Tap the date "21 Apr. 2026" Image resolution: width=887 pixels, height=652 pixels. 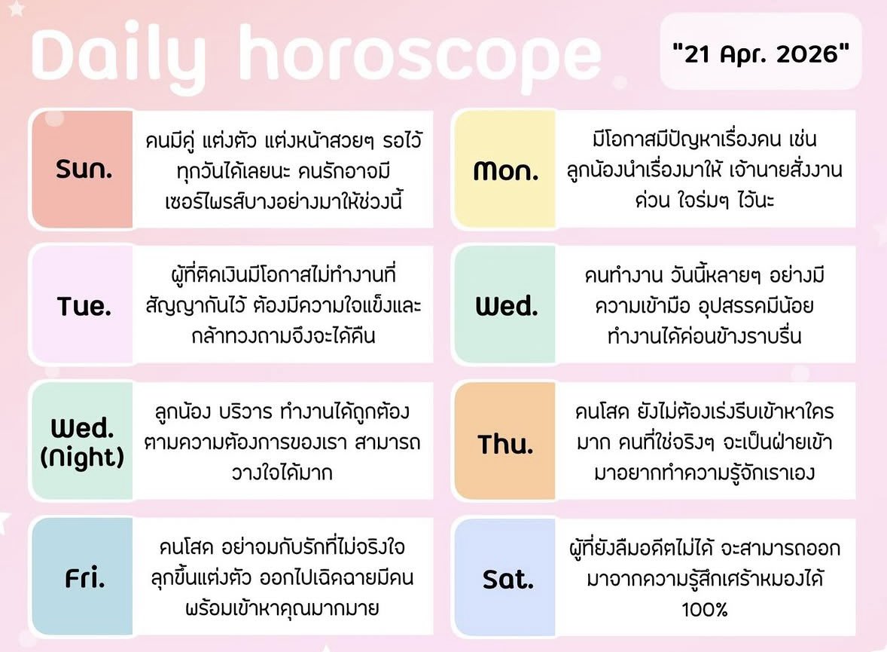[761, 55]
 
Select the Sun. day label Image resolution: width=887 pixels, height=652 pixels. [84, 170]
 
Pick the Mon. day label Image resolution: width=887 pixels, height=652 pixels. [506, 171]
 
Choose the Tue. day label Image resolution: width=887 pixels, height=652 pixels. [84, 306]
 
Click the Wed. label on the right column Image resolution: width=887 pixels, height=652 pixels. [506, 306]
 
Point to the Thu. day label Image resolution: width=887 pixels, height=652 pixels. [505, 444]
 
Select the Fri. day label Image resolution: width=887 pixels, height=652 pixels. [84, 579]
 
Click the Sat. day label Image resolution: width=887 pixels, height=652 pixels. [507, 580]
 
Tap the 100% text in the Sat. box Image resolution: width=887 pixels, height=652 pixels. [705, 609]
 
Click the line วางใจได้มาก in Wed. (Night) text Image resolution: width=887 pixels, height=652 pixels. [282, 473]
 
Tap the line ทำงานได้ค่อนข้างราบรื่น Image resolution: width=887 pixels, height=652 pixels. [705, 336]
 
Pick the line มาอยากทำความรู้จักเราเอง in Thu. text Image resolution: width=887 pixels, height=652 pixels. [705, 473]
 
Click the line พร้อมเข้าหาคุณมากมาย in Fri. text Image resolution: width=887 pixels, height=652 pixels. [282, 608]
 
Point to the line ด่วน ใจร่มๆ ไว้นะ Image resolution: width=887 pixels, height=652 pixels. [705, 200]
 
